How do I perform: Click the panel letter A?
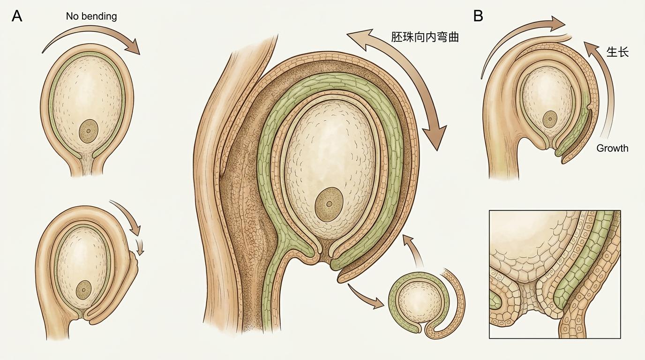[x=17, y=16]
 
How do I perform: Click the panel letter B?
[x=478, y=16]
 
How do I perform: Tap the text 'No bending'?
[x=91, y=16]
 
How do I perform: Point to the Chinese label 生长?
[x=617, y=52]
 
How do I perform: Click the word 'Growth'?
[x=612, y=148]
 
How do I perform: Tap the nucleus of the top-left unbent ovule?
[x=88, y=131]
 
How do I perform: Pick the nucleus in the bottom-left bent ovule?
[x=83, y=289]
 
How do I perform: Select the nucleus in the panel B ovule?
[x=550, y=120]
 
